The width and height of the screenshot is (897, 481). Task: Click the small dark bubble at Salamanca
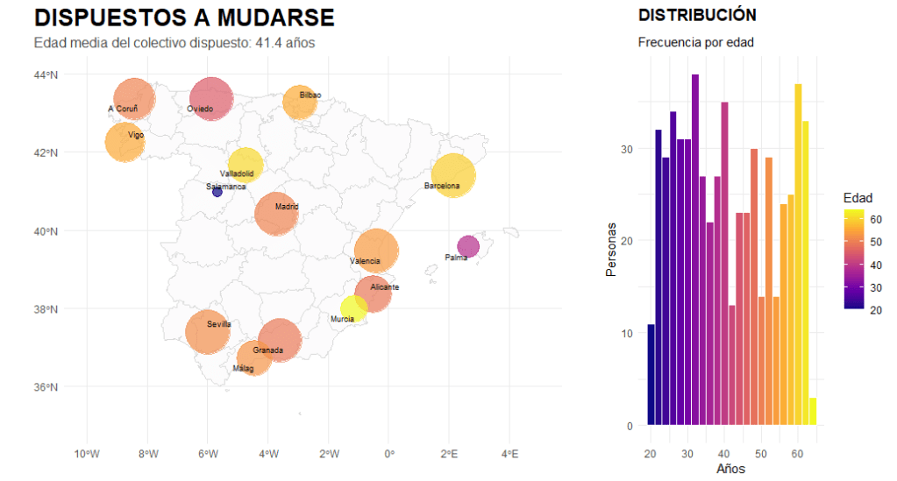pos(217,192)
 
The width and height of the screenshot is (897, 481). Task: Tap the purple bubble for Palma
pos(468,246)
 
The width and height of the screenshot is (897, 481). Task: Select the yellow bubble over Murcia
pos(353,308)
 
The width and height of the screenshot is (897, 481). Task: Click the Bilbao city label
pos(310,95)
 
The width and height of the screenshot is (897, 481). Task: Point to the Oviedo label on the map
pos(200,110)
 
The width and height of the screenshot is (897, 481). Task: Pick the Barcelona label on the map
pos(442,186)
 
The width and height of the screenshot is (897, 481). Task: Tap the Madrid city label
pos(287,208)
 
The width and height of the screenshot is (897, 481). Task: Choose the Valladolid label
pos(237,173)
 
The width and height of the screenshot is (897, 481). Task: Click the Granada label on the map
pos(267,350)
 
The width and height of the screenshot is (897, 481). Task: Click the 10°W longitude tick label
pos(85,454)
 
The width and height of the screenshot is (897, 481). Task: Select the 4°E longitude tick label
pos(509,454)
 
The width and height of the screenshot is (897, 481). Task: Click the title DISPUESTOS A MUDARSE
pos(184,18)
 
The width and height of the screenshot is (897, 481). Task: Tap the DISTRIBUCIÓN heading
pos(697,16)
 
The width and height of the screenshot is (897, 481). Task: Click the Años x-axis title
pos(730,469)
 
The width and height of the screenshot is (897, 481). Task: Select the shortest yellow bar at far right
pos(813,411)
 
